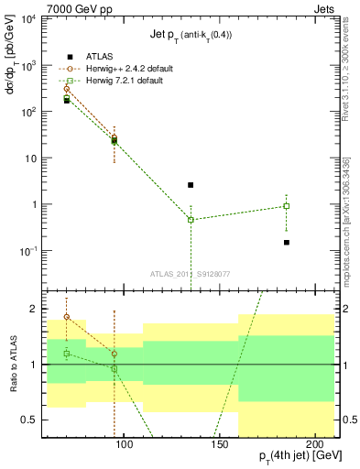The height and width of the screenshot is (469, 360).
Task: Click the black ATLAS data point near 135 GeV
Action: pyautogui.click(x=191, y=185)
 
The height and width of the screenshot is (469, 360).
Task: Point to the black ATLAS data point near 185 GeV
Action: pyautogui.click(x=287, y=243)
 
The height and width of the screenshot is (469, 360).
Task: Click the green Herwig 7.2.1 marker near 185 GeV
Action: pyautogui.click(x=287, y=206)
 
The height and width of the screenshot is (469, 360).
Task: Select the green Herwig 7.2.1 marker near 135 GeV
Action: pyautogui.click(x=191, y=220)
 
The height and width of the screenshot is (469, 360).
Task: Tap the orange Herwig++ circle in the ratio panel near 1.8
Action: pyautogui.click(x=66, y=317)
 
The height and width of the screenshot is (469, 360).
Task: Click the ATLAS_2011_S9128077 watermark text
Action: pyautogui.click(x=190, y=273)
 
